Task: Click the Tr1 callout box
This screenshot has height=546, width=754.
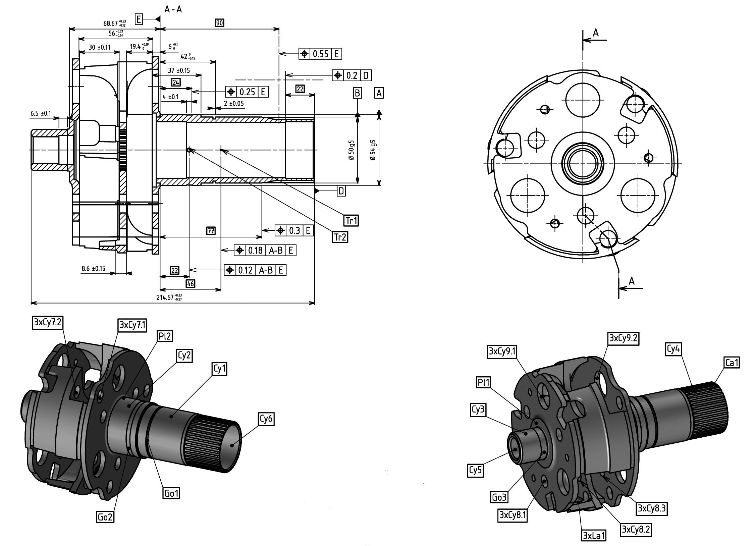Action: click(351, 221)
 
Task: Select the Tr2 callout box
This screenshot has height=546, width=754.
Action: click(340, 237)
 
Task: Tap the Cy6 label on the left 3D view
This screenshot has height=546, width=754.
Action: click(266, 419)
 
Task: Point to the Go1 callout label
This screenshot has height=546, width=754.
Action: click(171, 493)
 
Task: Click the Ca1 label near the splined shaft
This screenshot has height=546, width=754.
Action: click(732, 363)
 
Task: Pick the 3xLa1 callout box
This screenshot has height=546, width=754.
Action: click(594, 536)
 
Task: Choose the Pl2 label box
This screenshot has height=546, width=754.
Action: click(164, 336)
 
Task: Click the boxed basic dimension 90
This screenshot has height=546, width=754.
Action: click(219, 23)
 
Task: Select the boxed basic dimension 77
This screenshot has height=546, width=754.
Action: click(211, 231)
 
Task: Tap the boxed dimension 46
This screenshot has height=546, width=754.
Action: click(191, 284)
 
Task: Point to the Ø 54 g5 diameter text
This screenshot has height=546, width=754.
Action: click(373, 150)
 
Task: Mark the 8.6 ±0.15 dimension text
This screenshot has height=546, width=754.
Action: click(93, 268)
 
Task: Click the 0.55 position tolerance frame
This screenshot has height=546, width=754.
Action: click(320, 54)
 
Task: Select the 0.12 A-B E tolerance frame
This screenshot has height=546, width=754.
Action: click(256, 270)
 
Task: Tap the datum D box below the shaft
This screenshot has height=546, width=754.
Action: click(341, 191)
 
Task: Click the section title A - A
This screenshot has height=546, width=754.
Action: click(173, 9)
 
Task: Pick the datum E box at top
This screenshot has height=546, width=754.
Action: click(139, 19)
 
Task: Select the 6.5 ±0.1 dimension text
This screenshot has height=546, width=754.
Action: click(41, 113)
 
